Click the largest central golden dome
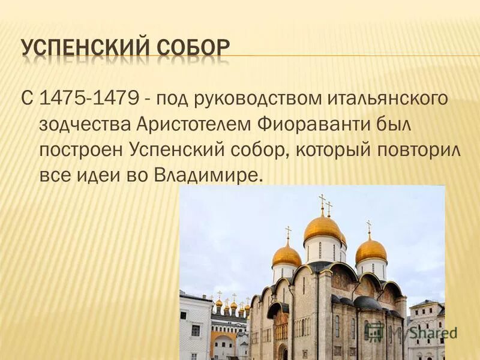pos(323,229)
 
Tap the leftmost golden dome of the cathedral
pos(287,256)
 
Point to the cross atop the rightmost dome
pos(369,227)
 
